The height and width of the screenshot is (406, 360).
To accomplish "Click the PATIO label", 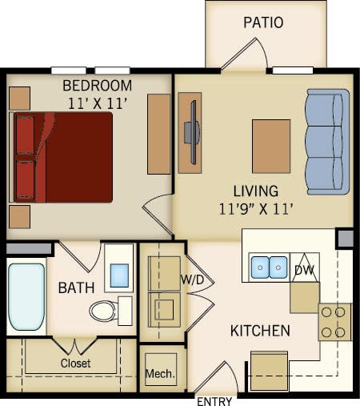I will (x=263, y=22).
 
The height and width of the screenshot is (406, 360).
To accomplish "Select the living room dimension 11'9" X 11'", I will (x=255, y=209).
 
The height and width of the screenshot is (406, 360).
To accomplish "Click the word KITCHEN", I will (x=260, y=331).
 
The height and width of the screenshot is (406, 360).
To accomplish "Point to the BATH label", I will (x=76, y=287).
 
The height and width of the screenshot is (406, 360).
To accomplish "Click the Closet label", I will (x=76, y=363).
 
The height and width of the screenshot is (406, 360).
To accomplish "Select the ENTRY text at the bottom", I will (x=214, y=400).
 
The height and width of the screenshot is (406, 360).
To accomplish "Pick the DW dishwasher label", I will (x=303, y=271).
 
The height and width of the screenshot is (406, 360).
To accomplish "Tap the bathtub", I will (x=26, y=296).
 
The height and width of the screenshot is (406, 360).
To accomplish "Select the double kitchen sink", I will (x=268, y=266).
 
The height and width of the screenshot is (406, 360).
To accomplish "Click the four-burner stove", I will (x=334, y=322).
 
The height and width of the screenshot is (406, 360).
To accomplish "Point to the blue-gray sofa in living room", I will (x=327, y=142).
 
